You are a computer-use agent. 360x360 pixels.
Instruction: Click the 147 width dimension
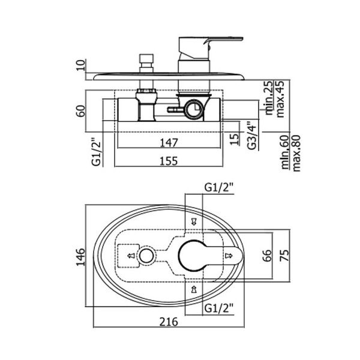pos(169,143)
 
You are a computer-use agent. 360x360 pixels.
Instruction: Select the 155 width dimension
pos(169,161)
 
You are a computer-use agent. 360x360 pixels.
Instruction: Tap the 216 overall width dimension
pos(169,322)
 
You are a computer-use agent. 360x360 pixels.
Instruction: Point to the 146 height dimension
pos(80,257)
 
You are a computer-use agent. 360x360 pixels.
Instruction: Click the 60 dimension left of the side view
pos(80,111)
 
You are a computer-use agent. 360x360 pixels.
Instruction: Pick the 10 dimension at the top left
pos(80,65)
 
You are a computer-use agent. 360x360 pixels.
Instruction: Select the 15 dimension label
pos(235,139)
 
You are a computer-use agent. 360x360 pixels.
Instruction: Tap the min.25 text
pos(269,98)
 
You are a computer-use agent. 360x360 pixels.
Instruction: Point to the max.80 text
pos(296,154)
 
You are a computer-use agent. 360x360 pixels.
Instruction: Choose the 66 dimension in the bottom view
pos(267,256)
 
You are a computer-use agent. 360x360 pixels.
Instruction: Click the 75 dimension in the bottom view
pos(284,256)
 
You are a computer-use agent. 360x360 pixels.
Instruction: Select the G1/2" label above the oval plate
pos(219,188)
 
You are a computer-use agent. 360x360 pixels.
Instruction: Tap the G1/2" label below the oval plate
pos(219,308)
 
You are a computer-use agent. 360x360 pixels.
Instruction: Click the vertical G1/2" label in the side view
pos(97,152)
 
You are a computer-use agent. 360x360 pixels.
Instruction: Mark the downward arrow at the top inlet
pos(194,221)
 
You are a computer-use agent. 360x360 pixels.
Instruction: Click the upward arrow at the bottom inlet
pos(194,289)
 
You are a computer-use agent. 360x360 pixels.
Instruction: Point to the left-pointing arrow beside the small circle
pos(131,256)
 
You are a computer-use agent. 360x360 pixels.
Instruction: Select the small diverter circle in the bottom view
pos(146,256)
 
